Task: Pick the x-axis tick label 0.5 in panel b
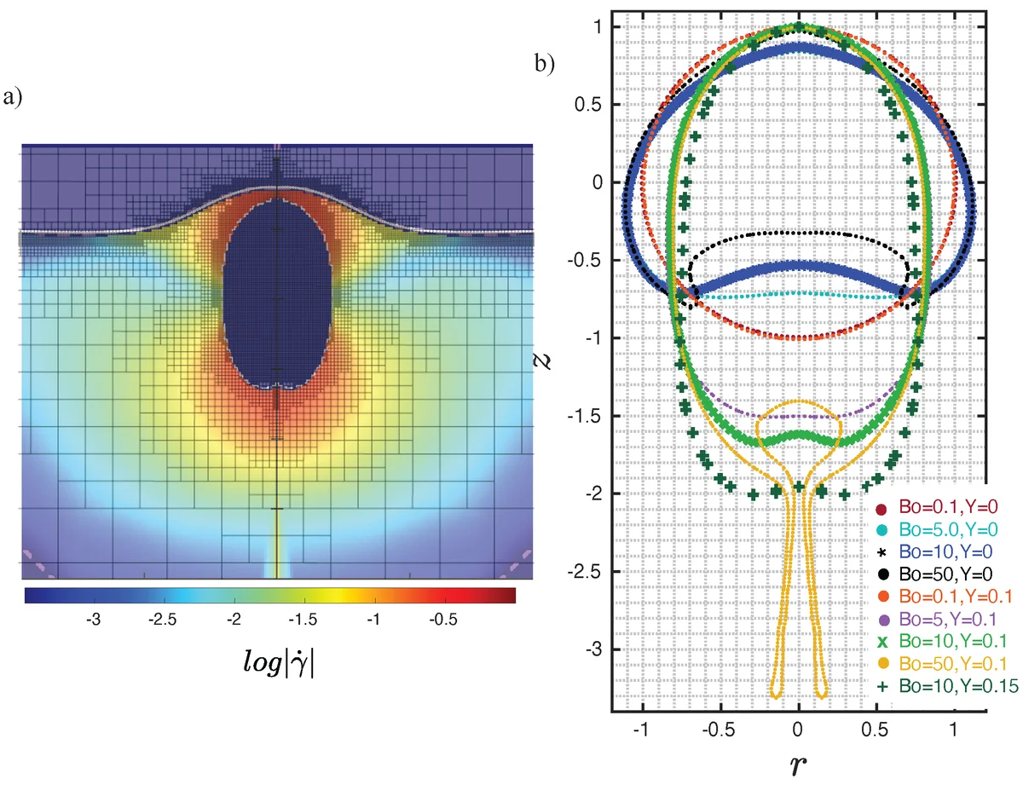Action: pos(876,730)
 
